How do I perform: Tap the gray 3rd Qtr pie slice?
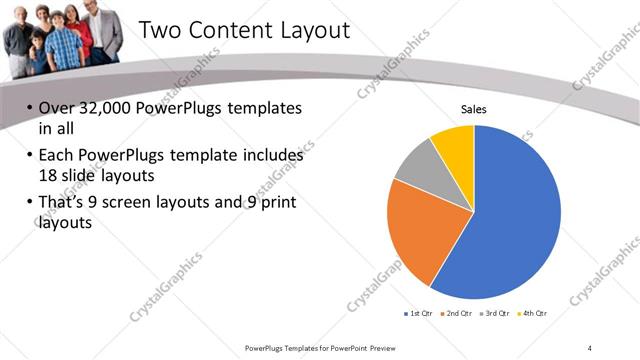tap(418, 164)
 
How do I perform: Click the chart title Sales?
tap(473, 109)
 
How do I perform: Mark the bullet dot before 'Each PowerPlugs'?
tap(29, 157)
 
